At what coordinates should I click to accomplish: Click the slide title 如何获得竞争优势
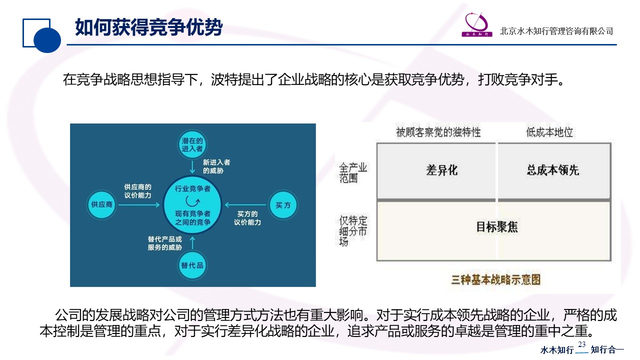[148, 27]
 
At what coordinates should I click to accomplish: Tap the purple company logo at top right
[477, 25]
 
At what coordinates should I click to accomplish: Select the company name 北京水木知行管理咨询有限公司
[556, 31]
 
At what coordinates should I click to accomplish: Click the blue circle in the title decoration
[47, 39]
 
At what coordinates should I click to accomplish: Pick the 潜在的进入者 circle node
[192, 144]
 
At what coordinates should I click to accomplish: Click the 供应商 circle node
[101, 204]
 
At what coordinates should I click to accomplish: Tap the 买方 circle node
[283, 204]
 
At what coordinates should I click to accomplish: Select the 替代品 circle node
[192, 265]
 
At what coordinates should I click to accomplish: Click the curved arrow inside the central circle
[192, 201]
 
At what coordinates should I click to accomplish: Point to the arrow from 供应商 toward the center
[139, 204]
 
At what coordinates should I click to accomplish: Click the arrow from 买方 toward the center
[245, 204]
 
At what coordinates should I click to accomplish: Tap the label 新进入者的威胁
[216, 166]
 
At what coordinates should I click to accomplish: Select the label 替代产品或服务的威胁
[165, 243]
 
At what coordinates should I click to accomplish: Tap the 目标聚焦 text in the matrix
[496, 227]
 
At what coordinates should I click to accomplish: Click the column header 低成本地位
[549, 132]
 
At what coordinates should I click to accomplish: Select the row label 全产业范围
[353, 172]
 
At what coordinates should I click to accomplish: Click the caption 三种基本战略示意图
[496, 279]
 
